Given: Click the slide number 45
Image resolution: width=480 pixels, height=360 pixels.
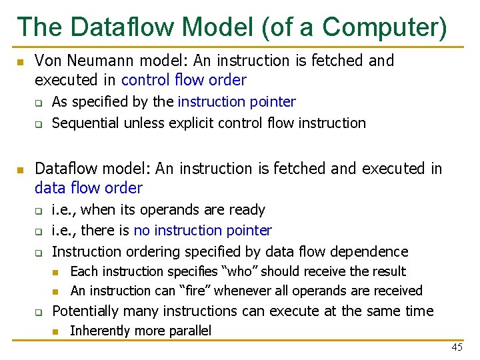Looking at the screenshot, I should [457, 347].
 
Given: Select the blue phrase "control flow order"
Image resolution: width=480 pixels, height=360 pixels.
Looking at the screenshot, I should [184, 81].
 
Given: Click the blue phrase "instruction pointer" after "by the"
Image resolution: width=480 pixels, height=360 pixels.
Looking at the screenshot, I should [237, 102].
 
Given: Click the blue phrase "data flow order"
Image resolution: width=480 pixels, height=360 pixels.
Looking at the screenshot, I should [89, 189].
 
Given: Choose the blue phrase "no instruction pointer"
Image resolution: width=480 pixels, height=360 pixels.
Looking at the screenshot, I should [203, 231].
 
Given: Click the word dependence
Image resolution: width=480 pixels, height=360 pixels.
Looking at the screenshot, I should [373, 252].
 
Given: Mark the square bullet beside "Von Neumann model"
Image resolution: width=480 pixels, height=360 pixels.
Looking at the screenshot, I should [20, 62].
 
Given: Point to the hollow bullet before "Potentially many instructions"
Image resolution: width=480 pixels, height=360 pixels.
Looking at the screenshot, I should [39, 312].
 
